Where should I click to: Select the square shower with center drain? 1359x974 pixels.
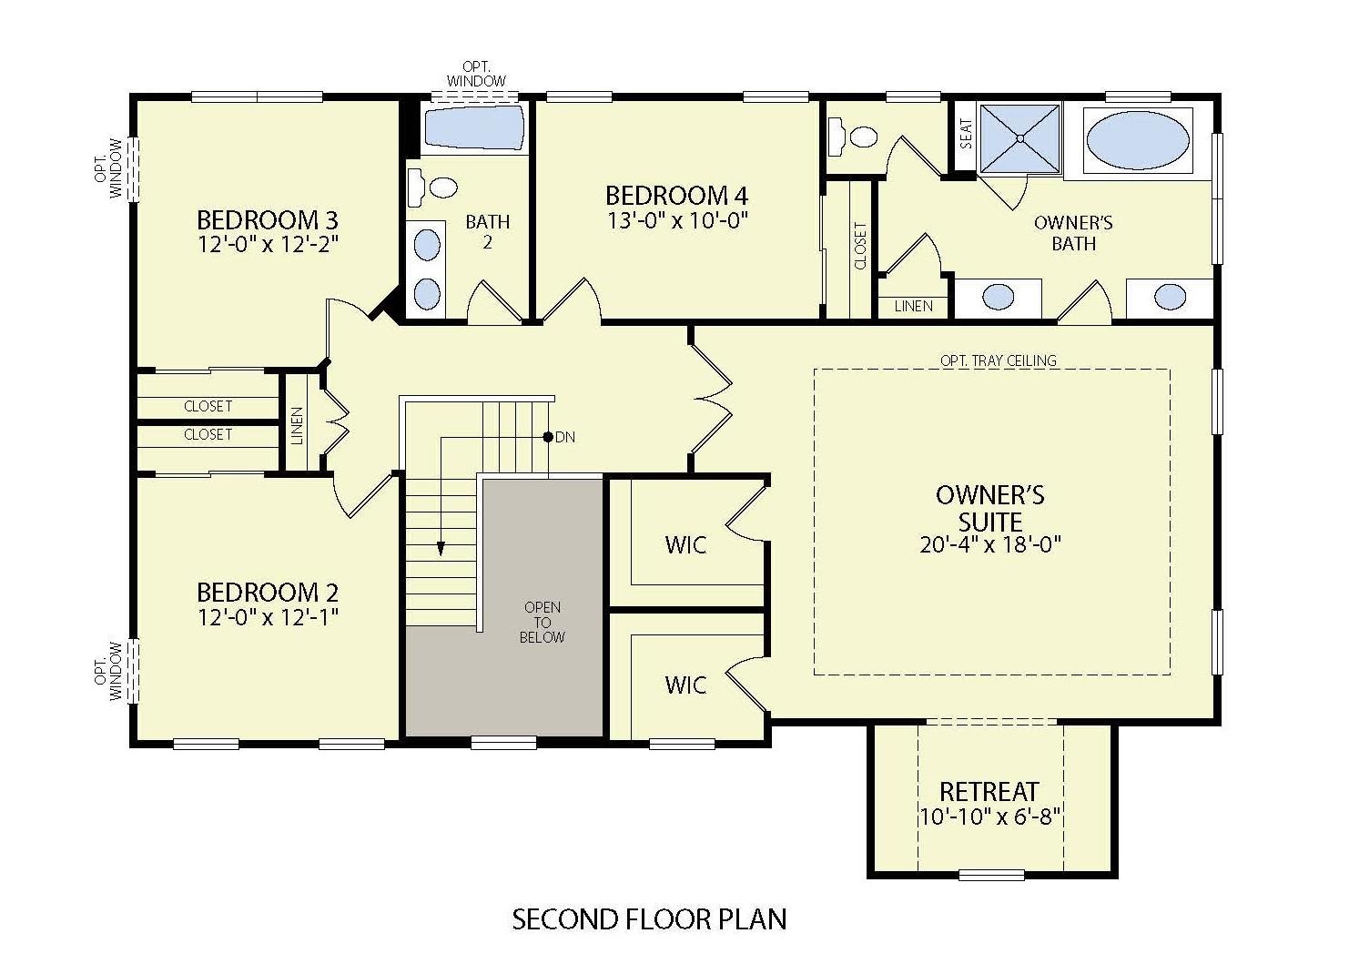pyautogui.click(x=1020, y=138)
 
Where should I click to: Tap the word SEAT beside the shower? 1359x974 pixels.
pyautogui.click(x=966, y=135)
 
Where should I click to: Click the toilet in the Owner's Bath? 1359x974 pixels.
pyautogui.click(x=854, y=137)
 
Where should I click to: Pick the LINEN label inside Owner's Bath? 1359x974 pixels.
pyautogui.click(x=913, y=307)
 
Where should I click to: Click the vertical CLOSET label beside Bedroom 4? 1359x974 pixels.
pyautogui.click(x=860, y=246)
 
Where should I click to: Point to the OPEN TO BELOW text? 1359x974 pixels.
pyautogui.click(x=542, y=623)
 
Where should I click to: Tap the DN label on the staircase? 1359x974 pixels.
pyautogui.click(x=565, y=437)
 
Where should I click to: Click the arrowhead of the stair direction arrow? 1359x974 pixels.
pyautogui.click(x=441, y=548)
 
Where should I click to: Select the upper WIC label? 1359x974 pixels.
pyautogui.click(x=685, y=544)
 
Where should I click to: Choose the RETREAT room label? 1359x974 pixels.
pyautogui.click(x=989, y=791)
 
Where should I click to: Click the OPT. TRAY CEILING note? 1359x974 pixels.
pyautogui.click(x=999, y=360)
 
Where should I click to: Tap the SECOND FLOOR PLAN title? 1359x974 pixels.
pyautogui.click(x=649, y=919)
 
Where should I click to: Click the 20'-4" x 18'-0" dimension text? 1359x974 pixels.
pyautogui.click(x=990, y=545)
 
